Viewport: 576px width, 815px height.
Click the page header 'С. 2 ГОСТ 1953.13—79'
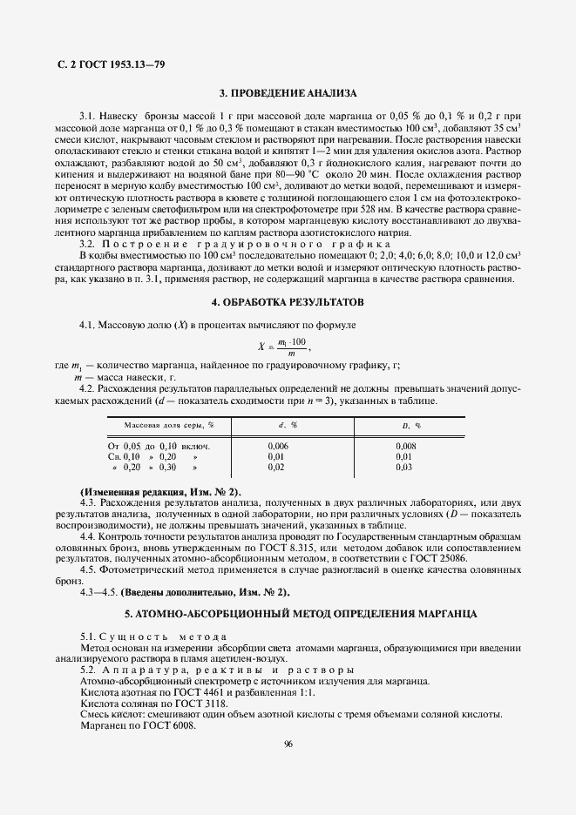tap(105, 65)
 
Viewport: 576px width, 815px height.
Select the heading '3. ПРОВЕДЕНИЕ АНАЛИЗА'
tap(288, 92)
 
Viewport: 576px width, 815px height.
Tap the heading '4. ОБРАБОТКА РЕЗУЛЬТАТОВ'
tap(288, 302)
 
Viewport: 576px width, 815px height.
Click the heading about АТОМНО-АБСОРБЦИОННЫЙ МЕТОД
tap(288, 614)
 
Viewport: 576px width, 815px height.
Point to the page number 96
tap(288, 744)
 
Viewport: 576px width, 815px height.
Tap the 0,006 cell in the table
tap(280, 445)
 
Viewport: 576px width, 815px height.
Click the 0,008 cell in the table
tap(406, 445)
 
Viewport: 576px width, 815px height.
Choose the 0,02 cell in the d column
tap(276, 468)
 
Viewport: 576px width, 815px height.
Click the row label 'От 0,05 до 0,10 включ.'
tap(153, 445)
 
